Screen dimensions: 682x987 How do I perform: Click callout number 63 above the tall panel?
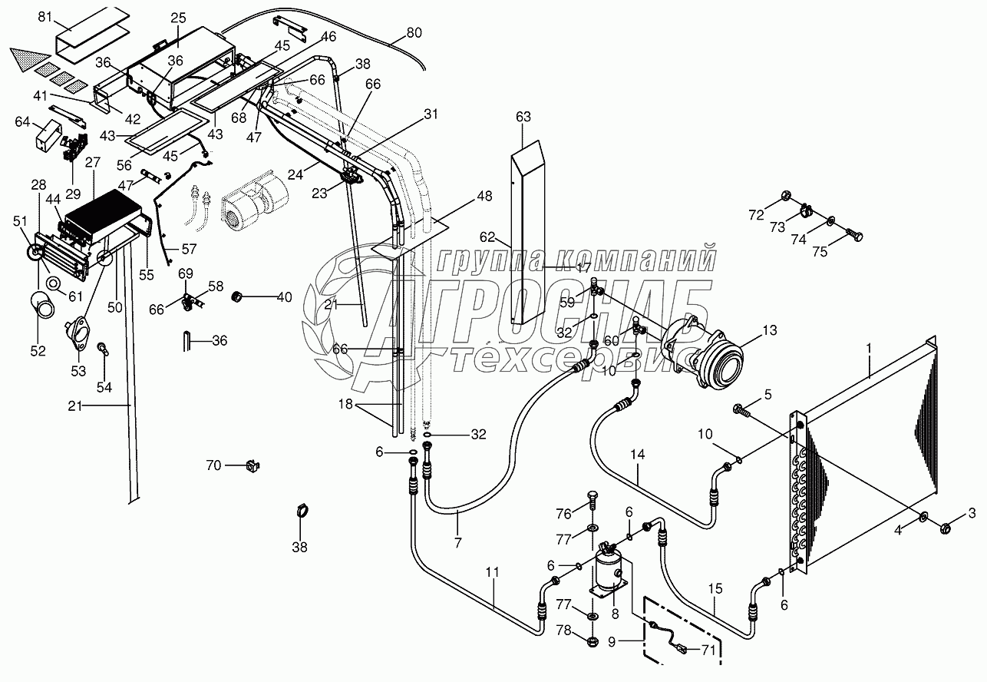523,118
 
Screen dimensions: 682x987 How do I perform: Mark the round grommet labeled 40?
238,296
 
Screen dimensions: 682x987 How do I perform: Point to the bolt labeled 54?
104,350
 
